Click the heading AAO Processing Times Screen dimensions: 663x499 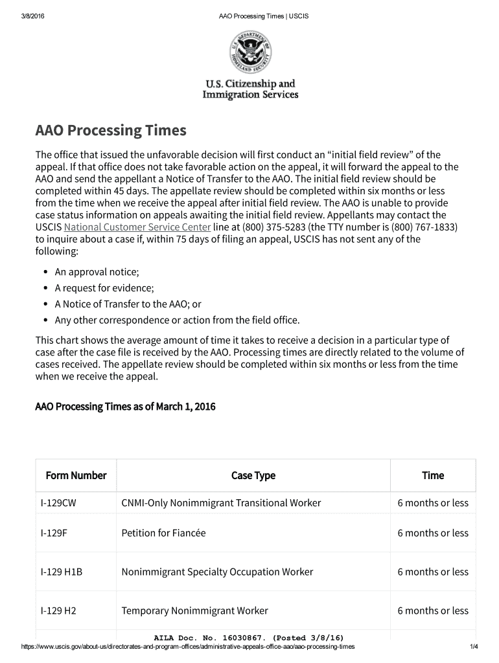pos(110,131)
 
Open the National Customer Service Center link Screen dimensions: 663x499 pos(137,227)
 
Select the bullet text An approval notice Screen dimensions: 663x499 pos(97,272)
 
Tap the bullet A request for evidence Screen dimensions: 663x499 pos(104,288)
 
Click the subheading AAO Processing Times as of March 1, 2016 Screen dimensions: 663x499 pos(125,407)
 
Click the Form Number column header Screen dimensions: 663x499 pos(76,476)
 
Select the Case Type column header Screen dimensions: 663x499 pos(253,476)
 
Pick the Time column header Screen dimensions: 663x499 pos(433,476)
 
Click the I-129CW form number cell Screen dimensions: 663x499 pos(58,503)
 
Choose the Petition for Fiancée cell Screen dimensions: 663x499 pos(163,534)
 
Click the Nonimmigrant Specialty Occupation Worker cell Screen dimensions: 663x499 pos(217,572)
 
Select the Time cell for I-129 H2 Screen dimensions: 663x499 pos(433,611)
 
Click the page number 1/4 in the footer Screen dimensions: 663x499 pos(473,647)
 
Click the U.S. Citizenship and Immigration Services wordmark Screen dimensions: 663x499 pos(250,89)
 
